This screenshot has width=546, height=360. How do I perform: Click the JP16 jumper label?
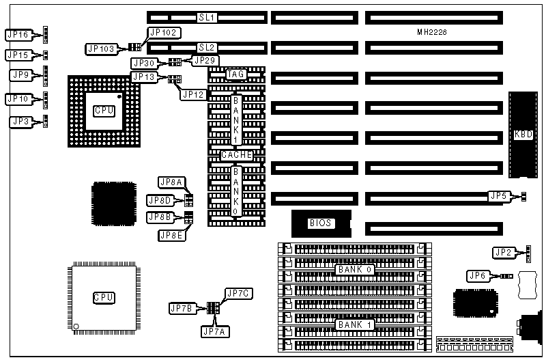click(18, 34)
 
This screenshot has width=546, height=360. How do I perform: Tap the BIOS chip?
click(320, 223)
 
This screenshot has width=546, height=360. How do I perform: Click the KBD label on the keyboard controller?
click(523, 135)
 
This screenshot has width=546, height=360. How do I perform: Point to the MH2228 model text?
click(432, 32)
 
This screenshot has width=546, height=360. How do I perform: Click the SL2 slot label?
click(207, 47)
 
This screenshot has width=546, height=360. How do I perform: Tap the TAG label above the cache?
click(235, 74)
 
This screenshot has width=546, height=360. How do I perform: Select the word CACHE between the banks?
click(236, 155)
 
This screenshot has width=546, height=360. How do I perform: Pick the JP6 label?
click(477, 276)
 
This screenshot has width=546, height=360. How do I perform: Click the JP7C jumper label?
click(239, 294)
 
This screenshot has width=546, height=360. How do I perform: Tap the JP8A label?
click(171, 182)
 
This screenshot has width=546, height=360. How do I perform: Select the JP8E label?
click(171, 236)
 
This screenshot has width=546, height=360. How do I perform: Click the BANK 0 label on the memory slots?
click(354, 270)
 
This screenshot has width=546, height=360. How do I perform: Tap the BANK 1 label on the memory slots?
click(354, 324)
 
